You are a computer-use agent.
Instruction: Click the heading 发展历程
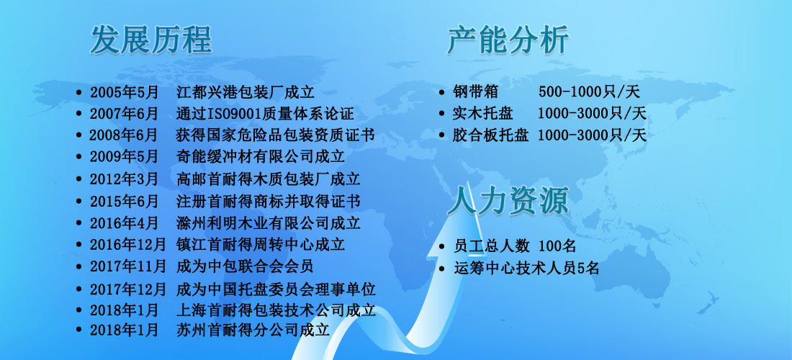(151, 40)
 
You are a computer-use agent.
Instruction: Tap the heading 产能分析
(508, 40)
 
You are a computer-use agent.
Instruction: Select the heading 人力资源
(508, 200)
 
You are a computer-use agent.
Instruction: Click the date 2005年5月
(125, 92)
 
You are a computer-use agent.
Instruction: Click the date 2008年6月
(124, 136)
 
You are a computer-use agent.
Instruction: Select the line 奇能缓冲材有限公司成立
(261, 157)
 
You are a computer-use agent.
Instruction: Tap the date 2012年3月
(125, 179)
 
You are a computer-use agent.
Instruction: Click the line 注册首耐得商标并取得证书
(269, 202)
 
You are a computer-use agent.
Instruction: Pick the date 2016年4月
(125, 222)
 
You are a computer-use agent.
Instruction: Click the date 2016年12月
(127, 244)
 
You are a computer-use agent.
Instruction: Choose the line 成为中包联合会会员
(246, 266)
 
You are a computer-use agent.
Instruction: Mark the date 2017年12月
(127, 289)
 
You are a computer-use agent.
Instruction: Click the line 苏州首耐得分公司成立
(253, 330)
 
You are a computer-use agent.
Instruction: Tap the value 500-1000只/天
(589, 92)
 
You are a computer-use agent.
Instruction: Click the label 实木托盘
(483, 114)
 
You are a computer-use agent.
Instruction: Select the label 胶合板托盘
(490, 135)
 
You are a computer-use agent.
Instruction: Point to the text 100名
(557, 246)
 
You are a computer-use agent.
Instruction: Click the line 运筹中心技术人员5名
(526, 268)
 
